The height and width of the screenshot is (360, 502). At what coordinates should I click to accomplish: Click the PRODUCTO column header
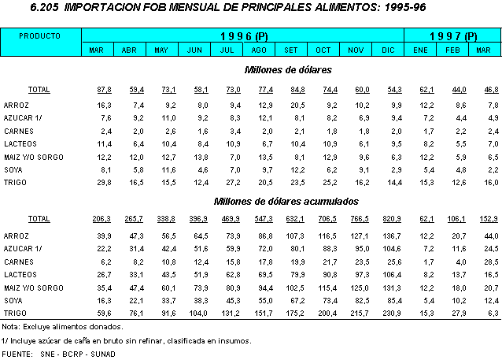(x=40, y=37)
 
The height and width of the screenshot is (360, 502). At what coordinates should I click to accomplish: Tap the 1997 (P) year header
(x=452, y=36)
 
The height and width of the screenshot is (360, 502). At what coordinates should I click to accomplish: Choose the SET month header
(x=291, y=50)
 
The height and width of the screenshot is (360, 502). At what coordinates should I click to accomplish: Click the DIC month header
(x=388, y=50)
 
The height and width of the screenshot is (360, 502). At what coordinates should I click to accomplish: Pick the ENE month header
(x=420, y=50)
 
